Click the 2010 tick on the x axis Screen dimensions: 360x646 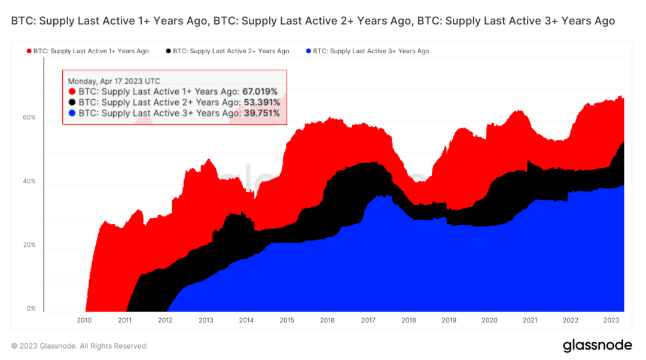pyautogui.click(x=84, y=321)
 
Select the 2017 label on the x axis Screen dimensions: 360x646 pyautogui.click(x=368, y=321)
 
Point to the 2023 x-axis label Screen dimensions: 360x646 pyautogui.click(x=611, y=321)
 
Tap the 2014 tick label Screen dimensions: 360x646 pyautogui.click(x=246, y=321)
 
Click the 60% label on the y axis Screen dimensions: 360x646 pyautogui.click(x=29, y=118)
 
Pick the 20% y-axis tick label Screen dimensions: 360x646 pyautogui.click(x=29, y=245)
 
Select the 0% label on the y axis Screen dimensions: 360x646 pyautogui.click(x=31, y=309)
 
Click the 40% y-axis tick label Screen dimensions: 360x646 pyautogui.click(x=29, y=181)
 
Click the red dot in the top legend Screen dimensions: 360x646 pyautogui.click(x=28, y=51)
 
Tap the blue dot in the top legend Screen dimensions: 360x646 pyautogui.click(x=308, y=51)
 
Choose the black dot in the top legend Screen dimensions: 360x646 pyautogui.click(x=168, y=51)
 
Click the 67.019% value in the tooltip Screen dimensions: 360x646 pyautogui.click(x=260, y=91)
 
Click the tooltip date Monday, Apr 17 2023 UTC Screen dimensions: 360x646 pyautogui.click(x=114, y=81)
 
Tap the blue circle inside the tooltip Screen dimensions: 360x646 pyautogui.click(x=72, y=113)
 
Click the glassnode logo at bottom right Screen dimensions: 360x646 pyautogui.click(x=597, y=346)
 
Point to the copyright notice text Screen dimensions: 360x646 pyautogui.click(x=80, y=346)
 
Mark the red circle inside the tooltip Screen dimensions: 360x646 pyautogui.click(x=72, y=91)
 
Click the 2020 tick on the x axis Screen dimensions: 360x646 pyautogui.click(x=489, y=321)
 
